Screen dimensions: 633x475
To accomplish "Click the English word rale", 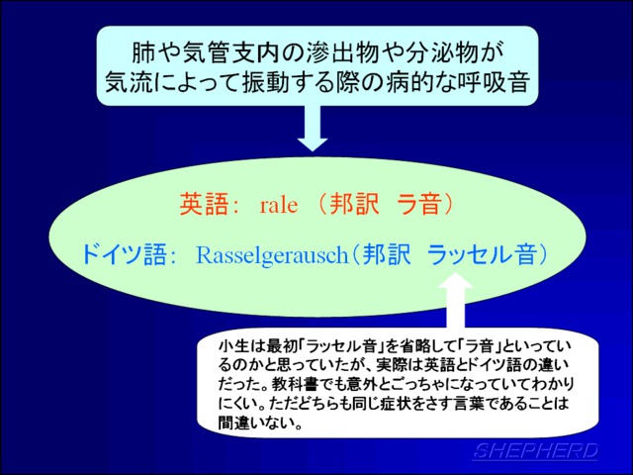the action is tap(279, 205).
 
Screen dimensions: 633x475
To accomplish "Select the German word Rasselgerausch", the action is tap(272, 255).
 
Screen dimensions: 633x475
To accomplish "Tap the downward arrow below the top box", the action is tap(313, 129).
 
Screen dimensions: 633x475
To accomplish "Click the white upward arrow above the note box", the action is tap(455, 300).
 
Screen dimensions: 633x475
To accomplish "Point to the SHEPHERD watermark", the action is tap(536, 451).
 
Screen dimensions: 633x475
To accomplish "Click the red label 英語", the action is tap(201, 205).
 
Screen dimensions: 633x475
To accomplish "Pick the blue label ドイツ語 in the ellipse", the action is tap(124, 255).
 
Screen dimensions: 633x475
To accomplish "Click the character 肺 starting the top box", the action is tap(143, 53).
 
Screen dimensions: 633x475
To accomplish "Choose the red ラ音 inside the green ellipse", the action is tap(417, 205).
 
